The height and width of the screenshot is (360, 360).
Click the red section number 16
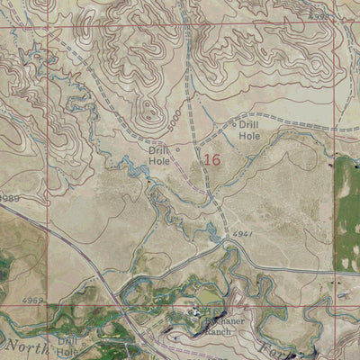click(211, 160)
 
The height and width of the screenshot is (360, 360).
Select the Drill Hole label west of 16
click(160, 157)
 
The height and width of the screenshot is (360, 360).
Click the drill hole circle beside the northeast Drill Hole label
click(236, 125)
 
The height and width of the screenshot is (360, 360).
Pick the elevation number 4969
click(34, 299)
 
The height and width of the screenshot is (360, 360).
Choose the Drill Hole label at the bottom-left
click(68, 346)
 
